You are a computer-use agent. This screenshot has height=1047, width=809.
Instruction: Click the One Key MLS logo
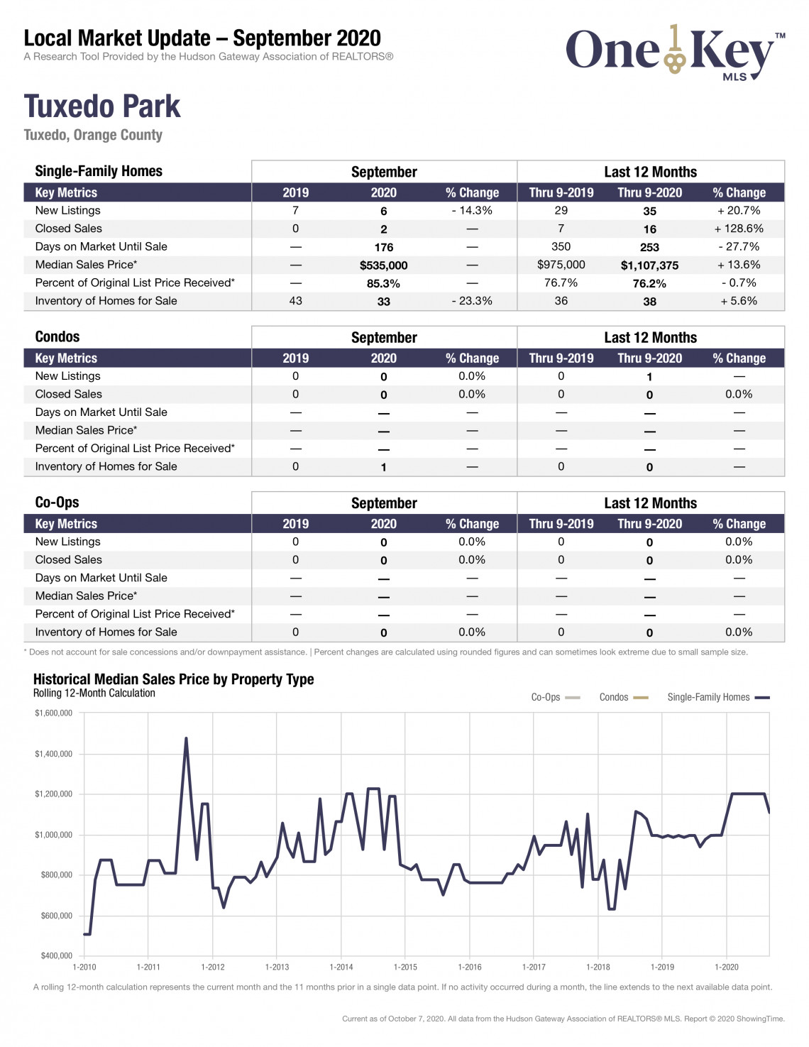(675, 53)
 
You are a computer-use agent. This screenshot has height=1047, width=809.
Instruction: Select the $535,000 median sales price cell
(383, 265)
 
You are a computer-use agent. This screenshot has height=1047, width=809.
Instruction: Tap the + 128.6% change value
(739, 229)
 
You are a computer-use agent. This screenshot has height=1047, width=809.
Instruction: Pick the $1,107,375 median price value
(649, 265)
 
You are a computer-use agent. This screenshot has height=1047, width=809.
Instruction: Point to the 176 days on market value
(384, 247)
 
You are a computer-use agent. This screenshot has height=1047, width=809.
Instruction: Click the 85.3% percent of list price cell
(383, 284)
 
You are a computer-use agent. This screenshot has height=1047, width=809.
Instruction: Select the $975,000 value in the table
(561, 265)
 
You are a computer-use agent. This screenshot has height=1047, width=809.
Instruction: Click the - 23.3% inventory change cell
(472, 301)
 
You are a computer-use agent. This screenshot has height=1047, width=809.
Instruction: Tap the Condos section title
(57, 336)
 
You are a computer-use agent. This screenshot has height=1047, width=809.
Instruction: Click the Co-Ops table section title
(57, 502)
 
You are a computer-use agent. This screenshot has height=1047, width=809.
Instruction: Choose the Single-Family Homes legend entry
(718, 697)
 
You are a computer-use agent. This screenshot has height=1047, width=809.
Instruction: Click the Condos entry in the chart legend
(624, 697)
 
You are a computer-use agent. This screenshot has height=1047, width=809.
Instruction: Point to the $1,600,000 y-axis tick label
(53, 713)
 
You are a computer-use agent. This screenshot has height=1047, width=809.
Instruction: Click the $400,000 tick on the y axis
(56, 955)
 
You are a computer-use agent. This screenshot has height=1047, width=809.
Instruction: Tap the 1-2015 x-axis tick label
(405, 967)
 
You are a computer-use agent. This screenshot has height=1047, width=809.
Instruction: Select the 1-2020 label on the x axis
(727, 967)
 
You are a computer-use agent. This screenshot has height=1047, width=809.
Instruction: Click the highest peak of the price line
(186, 738)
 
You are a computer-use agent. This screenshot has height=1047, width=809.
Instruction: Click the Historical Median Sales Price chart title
(173, 679)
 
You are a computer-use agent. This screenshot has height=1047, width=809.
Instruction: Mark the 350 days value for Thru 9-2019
(561, 246)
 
